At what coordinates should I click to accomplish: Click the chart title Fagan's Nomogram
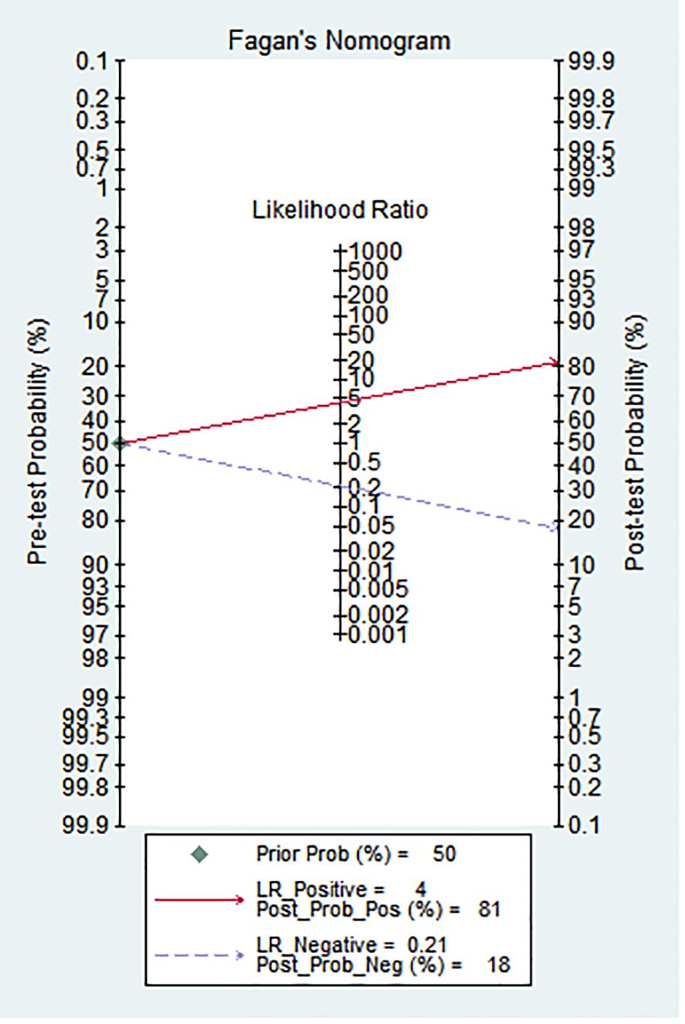coord(339,41)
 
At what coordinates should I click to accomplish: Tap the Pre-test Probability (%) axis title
coord(38,441)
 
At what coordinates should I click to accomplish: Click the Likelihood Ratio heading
coord(340,209)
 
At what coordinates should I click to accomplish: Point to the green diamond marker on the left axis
coord(120,443)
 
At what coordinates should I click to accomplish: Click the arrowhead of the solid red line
coord(554,362)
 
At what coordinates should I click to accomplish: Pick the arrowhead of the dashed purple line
coord(554,528)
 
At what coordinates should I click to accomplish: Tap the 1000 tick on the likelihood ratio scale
coord(339,250)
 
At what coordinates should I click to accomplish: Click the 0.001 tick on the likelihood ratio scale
coord(339,634)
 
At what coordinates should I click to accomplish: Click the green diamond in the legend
coord(199,854)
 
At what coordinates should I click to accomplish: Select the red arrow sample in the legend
coord(199,900)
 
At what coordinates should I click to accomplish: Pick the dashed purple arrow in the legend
coord(199,955)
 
